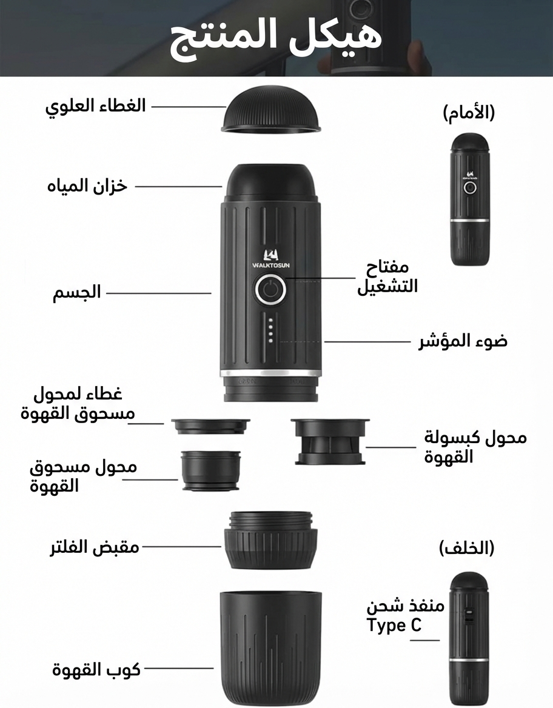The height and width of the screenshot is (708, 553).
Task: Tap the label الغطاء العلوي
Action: [96, 106]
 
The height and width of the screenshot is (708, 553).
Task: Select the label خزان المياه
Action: [87, 185]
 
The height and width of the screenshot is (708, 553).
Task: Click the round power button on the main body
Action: [270, 290]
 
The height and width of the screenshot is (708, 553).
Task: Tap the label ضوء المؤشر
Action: [463, 341]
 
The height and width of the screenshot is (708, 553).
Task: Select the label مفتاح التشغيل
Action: [387, 277]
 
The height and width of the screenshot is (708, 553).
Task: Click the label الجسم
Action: [76, 293]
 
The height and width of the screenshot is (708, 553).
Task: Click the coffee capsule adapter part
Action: [330, 441]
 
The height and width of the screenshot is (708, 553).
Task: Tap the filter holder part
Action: [270, 539]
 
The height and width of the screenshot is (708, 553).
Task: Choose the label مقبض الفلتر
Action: [94, 547]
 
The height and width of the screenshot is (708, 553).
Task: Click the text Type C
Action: [394, 625]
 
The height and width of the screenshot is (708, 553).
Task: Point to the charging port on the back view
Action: [468, 615]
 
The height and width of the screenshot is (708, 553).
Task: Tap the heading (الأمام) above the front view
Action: [469, 113]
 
